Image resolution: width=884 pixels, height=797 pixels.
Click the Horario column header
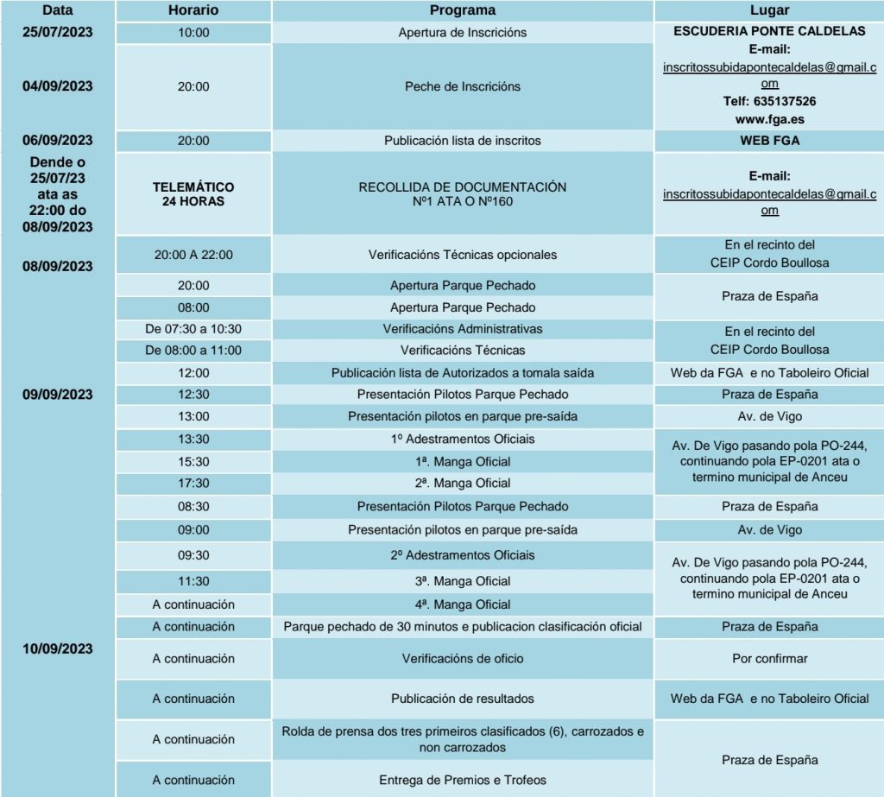tap(193, 10)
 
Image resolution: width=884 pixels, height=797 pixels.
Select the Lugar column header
tap(769, 10)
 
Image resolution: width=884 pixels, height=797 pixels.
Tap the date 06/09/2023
tap(58, 141)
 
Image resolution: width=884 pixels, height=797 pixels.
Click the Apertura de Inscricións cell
tap(463, 33)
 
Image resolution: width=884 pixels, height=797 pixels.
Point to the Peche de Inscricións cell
tap(463, 86)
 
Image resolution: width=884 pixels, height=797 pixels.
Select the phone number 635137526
tap(769, 101)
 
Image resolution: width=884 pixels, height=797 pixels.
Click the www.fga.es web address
tap(769, 118)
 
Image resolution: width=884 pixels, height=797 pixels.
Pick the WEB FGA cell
tap(769, 141)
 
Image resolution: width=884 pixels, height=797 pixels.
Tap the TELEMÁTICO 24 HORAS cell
tap(193, 193)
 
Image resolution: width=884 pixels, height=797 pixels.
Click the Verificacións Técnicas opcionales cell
tap(463, 255)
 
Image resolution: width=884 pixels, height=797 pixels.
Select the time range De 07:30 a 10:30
tap(193, 329)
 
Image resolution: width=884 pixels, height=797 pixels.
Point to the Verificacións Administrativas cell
tap(463, 329)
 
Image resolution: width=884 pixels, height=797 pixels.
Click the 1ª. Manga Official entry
tap(463, 461)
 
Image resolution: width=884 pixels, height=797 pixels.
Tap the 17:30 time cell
tap(193, 484)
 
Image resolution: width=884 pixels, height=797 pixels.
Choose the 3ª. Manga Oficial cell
tap(463, 581)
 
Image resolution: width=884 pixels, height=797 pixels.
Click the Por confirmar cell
tap(769, 659)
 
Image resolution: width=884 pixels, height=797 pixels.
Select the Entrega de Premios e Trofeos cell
tap(463, 780)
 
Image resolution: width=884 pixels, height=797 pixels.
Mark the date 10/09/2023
tap(58, 648)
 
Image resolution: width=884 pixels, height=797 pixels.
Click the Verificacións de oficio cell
tap(463, 659)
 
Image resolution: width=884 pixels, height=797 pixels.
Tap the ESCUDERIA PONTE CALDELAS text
tap(769, 31)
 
